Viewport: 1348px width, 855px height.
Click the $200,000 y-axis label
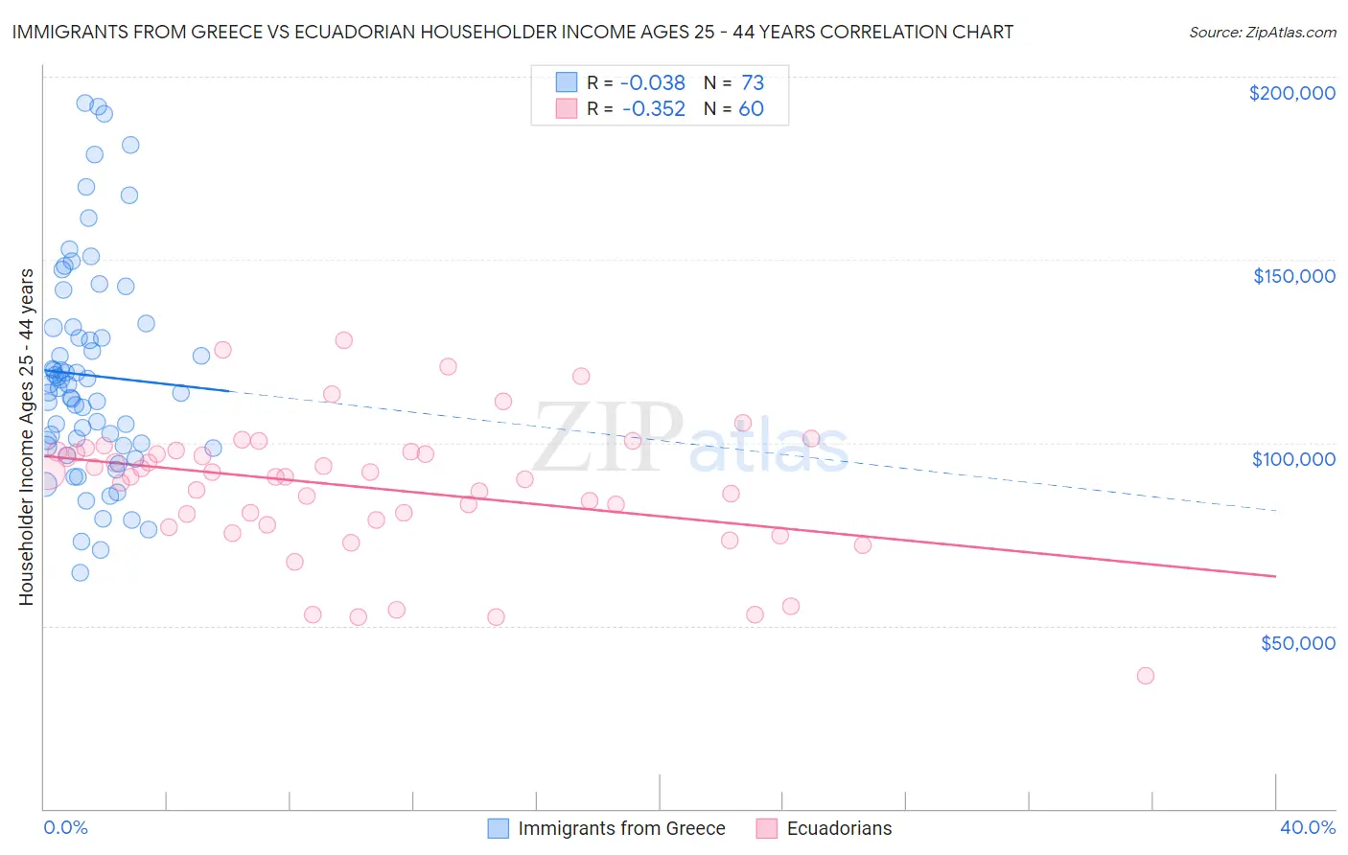pos(1291,93)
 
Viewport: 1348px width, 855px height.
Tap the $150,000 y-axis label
pos(1293,276)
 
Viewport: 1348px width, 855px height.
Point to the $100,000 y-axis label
pos(1293,459)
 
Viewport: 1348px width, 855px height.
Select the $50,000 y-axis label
pos(1297,642)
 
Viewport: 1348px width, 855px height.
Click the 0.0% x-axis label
pos(65,827)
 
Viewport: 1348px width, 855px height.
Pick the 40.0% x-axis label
pos(1307,827)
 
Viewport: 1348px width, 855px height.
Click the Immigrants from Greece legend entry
pos(621,828)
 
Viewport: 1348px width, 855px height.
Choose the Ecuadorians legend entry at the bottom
pos(839,828)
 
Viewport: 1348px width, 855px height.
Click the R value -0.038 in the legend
pos(653,83)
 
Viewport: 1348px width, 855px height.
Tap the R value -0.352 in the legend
pos(653,109)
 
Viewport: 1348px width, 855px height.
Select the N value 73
pos(753,83)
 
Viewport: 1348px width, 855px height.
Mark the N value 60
pos(751,109)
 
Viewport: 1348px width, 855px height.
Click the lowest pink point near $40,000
pos(1145,676)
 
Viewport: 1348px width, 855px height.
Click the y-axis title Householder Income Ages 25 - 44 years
pos(26,437)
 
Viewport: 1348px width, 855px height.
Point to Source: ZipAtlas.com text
pos(1262,32)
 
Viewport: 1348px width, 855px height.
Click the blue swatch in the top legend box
pos(567,82)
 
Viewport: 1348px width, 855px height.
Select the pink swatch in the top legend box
pos(567,108)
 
